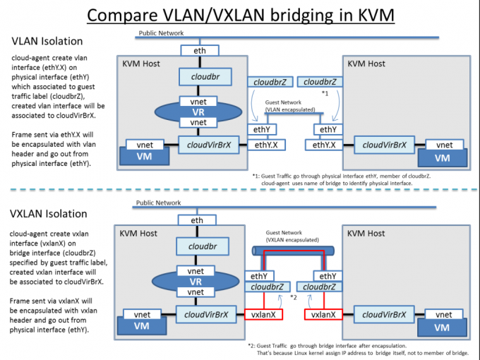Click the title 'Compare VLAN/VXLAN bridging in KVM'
point(241,15)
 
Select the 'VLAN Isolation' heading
point(47,41)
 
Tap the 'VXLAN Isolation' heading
point(49,214)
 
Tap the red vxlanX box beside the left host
point(263,314)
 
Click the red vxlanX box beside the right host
point(323,314)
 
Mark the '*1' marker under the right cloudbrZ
point(325,93)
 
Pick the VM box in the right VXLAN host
point(442,328)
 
